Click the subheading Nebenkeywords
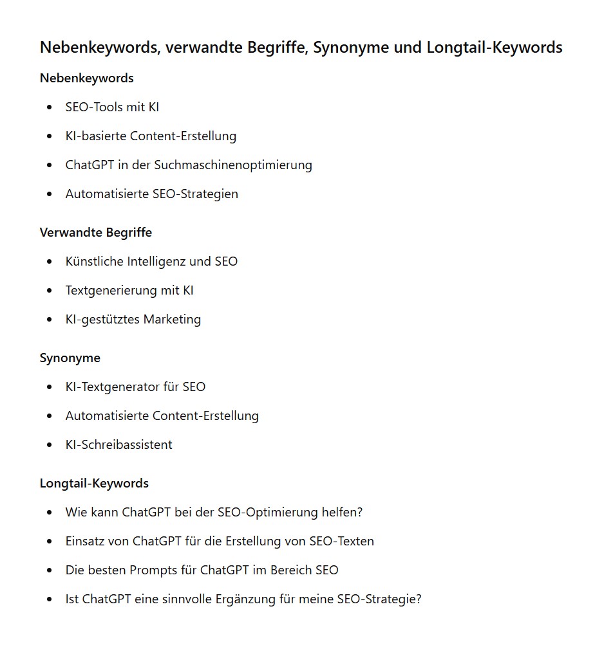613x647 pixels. pyautogui.click(x=86, y=78)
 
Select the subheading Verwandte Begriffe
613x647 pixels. pyautogui.click(x=95, y=233)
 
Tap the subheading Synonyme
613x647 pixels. pyautogui.click(x=70, y=358)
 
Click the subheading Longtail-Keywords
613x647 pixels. pyautogui.click(x=94, y=484)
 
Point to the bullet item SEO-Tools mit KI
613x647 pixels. pyautogui.click(x=112, y=107)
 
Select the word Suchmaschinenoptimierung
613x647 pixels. pyautogui.click(x=232, y=165)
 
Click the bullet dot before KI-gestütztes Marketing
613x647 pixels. pyautogui.click(x=50, y=320)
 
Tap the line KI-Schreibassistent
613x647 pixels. pyautogui.click(x=118, y=445)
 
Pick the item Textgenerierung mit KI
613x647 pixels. pyautogui.click(x=129, y=291)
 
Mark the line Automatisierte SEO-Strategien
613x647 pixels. pyautogui.click(x=151, y=194)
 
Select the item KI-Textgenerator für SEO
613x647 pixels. pyautogui.click(x=135, y=387)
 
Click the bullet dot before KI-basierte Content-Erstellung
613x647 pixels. pyautogui.click(x=50, y=136)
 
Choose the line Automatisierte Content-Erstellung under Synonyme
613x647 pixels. pyautogui.click(x=162, y=416)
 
